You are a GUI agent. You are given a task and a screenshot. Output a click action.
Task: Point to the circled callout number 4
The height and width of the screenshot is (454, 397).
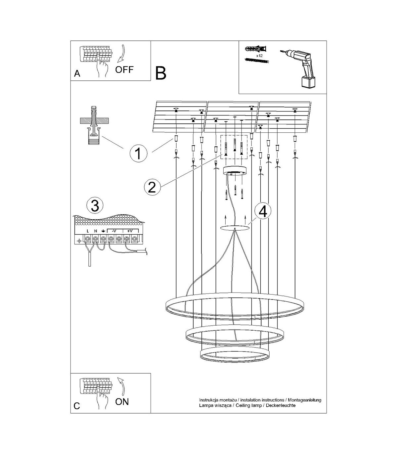262,212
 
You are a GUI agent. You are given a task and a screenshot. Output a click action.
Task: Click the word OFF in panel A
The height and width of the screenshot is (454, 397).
124,70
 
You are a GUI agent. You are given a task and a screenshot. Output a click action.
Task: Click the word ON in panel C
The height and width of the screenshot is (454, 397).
122,402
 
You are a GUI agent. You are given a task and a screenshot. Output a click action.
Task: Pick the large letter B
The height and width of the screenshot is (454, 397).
161,73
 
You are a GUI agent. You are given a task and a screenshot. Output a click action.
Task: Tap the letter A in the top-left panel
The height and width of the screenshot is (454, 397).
77,73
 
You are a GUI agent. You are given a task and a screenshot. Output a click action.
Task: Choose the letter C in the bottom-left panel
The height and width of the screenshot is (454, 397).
77,406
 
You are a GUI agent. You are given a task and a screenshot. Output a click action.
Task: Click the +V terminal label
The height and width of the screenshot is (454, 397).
130,231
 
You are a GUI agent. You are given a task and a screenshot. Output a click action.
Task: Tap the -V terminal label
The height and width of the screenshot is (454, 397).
114,231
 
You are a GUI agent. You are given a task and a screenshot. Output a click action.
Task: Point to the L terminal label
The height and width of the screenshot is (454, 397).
88,231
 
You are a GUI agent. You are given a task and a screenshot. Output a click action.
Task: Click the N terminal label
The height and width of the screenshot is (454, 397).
95,231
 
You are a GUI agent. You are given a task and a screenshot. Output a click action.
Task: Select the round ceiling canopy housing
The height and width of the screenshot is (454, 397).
235,171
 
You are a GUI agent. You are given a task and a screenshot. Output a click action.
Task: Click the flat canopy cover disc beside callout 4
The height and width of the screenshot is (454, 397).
235,228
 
